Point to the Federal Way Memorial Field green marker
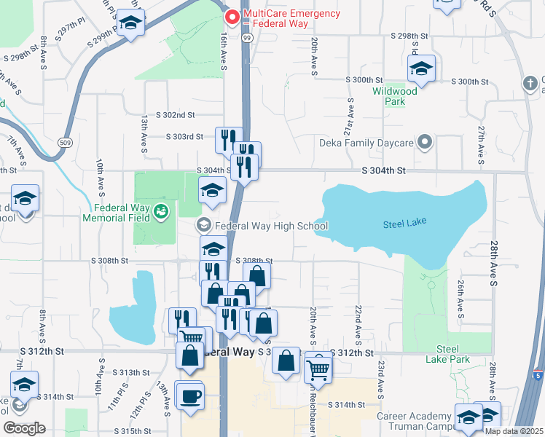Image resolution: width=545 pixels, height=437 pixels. pos(162,212)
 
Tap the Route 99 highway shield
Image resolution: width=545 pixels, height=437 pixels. pos(248,37)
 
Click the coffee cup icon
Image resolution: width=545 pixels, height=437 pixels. pos(192,396)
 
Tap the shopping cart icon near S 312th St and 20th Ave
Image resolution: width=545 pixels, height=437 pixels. pos(318,370)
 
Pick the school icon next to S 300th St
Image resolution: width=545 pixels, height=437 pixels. pos(420,69)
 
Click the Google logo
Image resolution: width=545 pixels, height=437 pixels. pos(24,428)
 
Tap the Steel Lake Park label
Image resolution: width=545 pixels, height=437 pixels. pos(452,354)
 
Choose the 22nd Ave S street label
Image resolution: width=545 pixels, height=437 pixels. pos(358,320)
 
